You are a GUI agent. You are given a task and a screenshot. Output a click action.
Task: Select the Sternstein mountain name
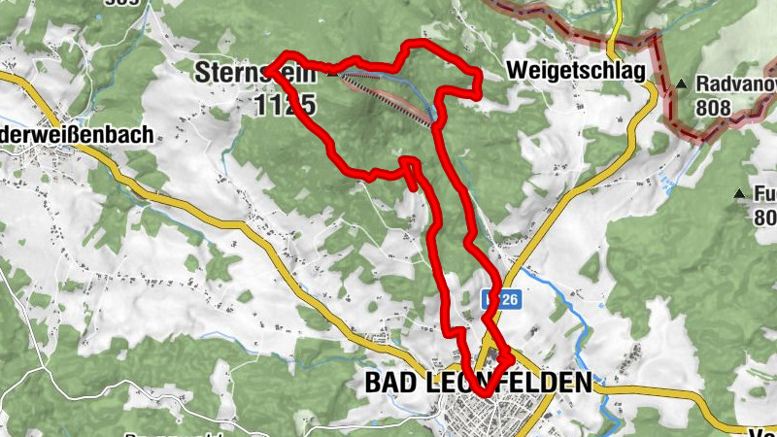(x=233, y=72)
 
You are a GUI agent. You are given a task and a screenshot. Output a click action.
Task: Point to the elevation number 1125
(x=287, y=105)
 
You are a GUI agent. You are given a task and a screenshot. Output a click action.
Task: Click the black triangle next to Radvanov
(x=683, y=84)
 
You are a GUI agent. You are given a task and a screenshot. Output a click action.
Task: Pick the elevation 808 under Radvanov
(x=714, y=110)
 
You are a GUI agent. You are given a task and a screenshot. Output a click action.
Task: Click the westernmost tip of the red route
(x=268, y=67)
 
